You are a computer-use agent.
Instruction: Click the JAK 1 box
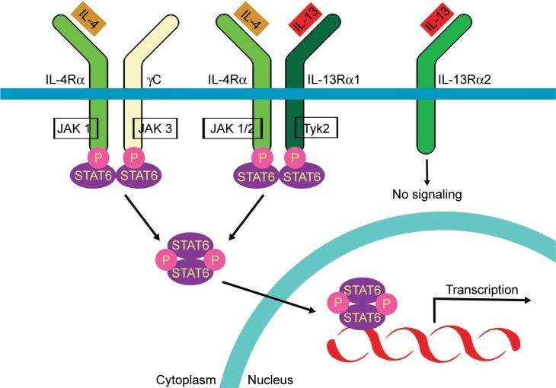point(76,128)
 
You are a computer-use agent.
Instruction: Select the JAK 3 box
point(156,128)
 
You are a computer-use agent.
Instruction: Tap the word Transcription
point(482,289)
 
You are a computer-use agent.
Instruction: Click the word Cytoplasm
point(187,378)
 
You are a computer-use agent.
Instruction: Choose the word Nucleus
point(270,378)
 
